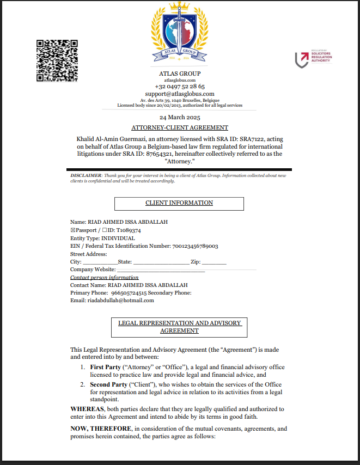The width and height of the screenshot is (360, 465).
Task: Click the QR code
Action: (57, 60)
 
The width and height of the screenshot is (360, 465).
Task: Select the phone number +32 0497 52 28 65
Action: (180, 87)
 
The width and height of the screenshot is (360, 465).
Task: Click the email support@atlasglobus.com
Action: (180, 94)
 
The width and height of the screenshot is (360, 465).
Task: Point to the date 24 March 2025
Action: (180, 118)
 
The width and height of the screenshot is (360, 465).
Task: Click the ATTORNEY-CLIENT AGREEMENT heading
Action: (180, 127)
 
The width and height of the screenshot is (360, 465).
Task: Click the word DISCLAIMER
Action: (86, 175)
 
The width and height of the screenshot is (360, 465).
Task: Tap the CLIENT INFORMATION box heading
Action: (179, 203)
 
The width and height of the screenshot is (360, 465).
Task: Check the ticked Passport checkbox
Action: (73, 230)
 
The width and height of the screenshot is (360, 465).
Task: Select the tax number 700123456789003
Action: (195, 246)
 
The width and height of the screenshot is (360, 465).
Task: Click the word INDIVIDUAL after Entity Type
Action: (118, 238)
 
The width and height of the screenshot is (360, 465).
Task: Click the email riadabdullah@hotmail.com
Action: (120, 300)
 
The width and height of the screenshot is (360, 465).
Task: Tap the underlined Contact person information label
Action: (104, 278)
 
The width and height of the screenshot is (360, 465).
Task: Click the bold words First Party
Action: (106, 368)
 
